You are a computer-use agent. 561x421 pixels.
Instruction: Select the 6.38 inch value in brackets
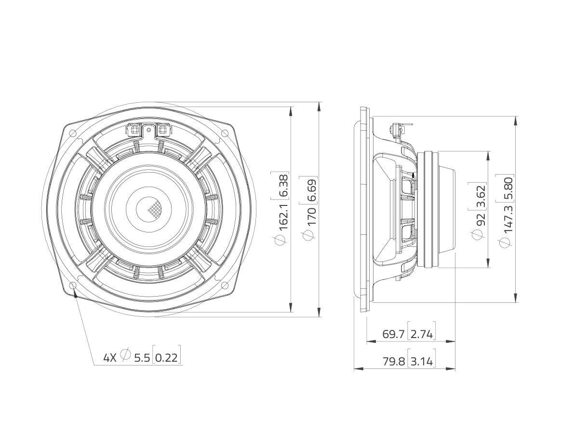(x=283, y=185)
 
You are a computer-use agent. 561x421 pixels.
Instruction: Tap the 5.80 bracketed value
(x=508, y=186)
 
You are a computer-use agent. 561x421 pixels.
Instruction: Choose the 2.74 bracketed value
(x=422, y=334)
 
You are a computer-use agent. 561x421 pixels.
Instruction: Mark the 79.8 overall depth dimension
(x=393, y=361)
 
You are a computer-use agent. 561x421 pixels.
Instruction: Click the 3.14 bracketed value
(x=422, y=361)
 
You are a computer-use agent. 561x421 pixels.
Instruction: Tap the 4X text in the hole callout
(x=110, y=358)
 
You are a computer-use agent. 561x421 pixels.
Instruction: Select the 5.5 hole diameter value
(x=142, y=358)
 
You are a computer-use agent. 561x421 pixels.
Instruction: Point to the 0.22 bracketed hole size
(x=168, y=358)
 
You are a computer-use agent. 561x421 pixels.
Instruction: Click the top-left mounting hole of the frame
(x=72, y=133)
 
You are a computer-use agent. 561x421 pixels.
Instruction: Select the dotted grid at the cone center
(x=154, y=209)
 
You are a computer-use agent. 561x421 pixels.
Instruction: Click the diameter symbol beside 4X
(x=125, y=355)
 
